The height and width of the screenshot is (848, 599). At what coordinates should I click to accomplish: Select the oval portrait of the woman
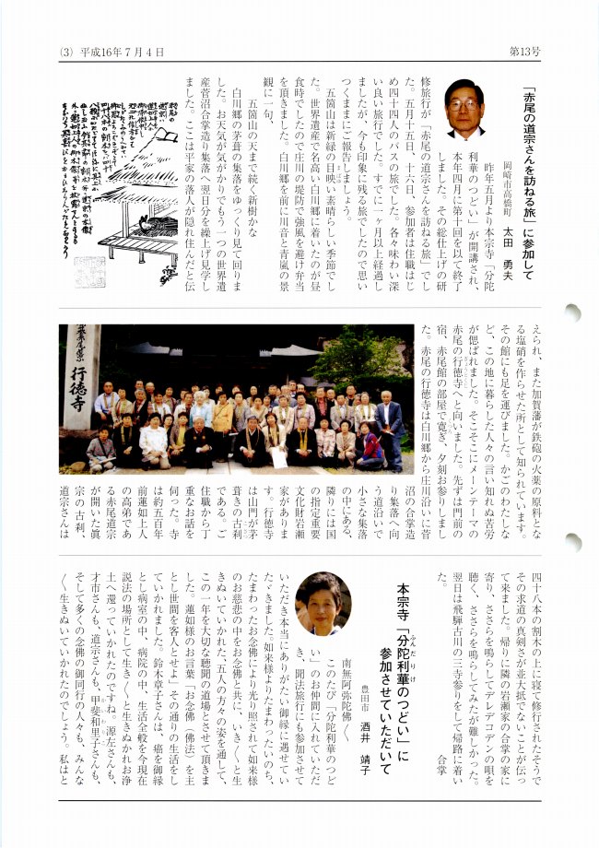click(x=323, y=604)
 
